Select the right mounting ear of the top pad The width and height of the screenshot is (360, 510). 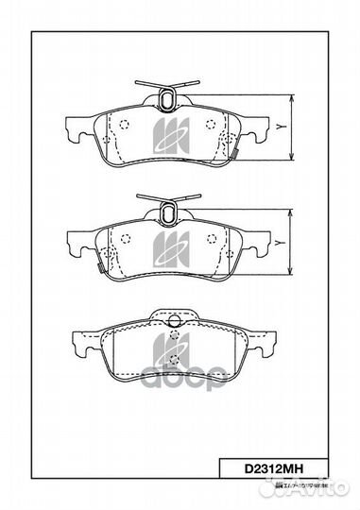coord(266,127)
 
